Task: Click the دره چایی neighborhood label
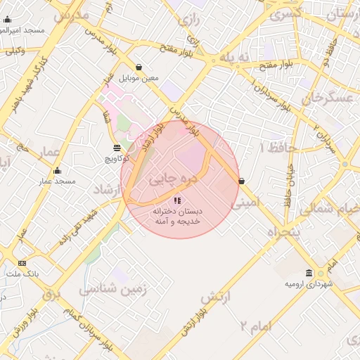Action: coord(172,179)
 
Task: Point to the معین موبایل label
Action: coord(139,77)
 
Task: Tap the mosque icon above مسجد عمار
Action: coord(58,170)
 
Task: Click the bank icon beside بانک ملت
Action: coord(22,263)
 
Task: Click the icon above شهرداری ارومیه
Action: coord(309,273)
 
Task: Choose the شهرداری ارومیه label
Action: coord(308,284)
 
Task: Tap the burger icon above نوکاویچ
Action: coord(117,148)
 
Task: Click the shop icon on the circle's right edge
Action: coord(242,181)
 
